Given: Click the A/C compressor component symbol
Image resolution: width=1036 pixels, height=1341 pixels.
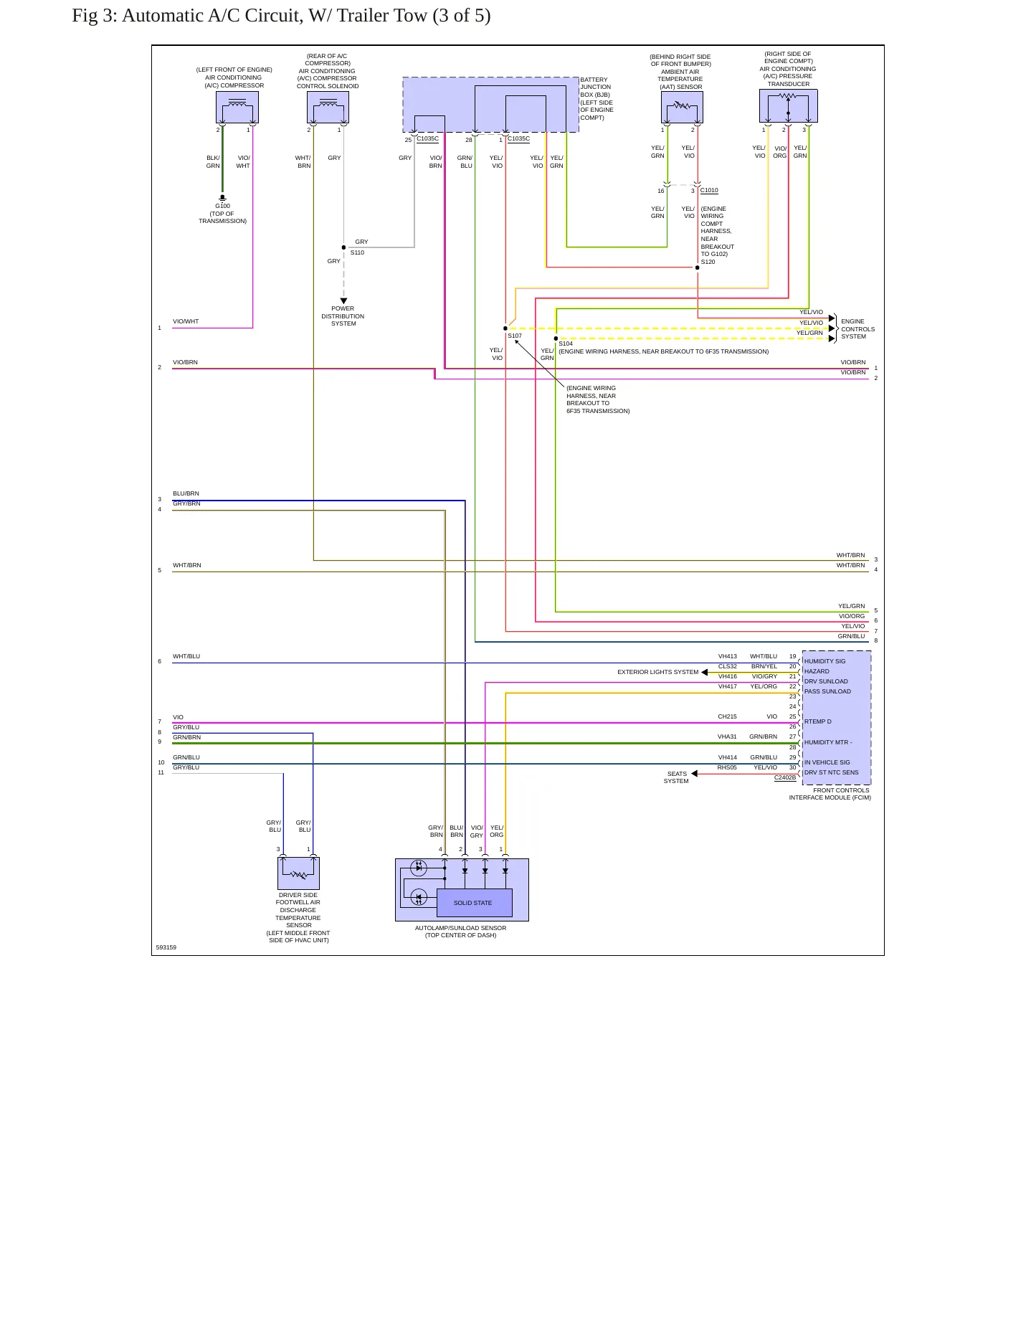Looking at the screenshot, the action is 237,108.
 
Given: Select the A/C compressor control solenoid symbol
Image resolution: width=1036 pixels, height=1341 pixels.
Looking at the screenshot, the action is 328,108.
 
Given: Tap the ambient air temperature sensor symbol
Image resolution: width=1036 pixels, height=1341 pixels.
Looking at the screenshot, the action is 682,108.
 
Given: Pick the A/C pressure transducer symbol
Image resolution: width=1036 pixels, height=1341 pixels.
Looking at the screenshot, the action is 789,106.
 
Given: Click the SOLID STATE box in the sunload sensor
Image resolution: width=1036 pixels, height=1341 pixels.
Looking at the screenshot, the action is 474,903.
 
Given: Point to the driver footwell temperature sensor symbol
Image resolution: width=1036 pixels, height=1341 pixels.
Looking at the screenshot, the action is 298,873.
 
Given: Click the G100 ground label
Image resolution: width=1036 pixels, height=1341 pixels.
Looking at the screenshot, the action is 222,206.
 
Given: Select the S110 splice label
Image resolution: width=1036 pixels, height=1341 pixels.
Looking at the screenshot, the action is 357,252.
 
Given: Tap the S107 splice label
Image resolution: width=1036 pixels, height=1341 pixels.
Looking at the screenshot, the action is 515,336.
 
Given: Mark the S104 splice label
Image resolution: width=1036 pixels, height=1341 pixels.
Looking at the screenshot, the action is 566,343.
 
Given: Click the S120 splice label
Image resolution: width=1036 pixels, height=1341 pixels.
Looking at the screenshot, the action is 708,262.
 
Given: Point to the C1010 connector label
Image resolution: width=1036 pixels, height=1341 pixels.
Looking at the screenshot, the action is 709,191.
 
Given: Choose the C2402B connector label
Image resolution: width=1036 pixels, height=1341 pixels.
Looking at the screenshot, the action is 785,777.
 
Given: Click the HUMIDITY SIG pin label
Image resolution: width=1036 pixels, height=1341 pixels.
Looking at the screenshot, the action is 824,661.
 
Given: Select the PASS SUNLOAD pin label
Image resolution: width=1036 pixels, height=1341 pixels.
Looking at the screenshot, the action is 827,691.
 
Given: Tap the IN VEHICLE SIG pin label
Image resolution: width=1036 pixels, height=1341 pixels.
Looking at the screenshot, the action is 827,762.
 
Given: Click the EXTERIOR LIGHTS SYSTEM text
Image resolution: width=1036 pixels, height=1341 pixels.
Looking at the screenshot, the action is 657,672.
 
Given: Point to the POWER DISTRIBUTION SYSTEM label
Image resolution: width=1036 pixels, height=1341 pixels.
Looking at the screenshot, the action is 343,316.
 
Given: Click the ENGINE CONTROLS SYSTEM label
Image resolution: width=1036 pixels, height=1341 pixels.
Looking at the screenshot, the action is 857,329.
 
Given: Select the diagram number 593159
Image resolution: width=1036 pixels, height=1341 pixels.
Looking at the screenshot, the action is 166,947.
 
